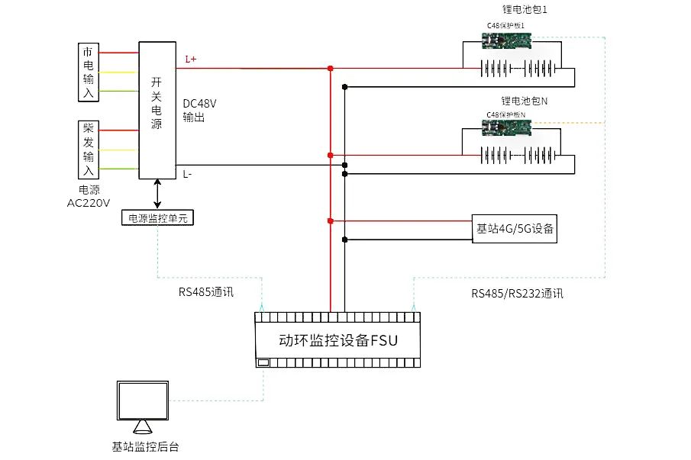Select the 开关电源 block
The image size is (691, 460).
pos(157,111)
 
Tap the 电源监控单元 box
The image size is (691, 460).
pos(159,218)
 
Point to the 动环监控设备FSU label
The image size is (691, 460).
pos(337,340)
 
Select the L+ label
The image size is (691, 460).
pos(191,59)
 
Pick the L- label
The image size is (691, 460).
pos(188,175)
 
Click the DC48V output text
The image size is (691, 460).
pos(199,111)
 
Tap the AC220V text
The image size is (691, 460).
pos(89,203)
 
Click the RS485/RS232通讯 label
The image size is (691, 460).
pos(517,293)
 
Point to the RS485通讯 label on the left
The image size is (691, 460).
pos(207,291)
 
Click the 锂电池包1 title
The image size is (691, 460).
pos(525,10)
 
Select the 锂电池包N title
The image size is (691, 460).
pos(525,101)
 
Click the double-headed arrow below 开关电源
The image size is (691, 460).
pos(157,194)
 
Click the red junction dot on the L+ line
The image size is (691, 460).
pos(330,69)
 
